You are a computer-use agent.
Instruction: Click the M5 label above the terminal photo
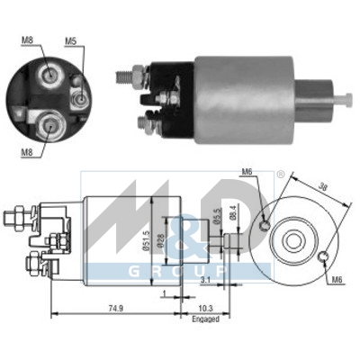71,40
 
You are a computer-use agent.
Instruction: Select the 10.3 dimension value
206,307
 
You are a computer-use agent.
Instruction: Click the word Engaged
206,319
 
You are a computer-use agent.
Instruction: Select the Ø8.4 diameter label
232,214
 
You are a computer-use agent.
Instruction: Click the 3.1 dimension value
205,280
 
